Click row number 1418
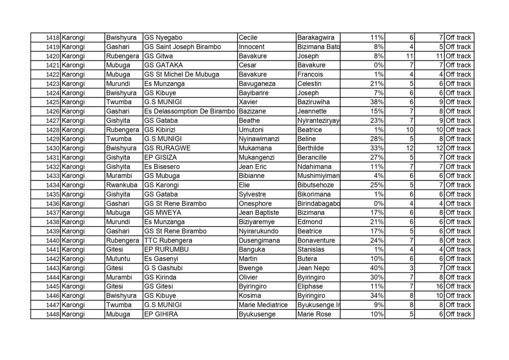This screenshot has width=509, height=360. [52, 38]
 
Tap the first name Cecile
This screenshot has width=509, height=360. [248, 38]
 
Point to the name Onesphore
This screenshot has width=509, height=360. [255, 203]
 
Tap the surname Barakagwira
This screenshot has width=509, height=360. [315, 38]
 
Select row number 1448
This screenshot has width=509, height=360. [52, 314]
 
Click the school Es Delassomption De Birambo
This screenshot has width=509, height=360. [188, 111]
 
